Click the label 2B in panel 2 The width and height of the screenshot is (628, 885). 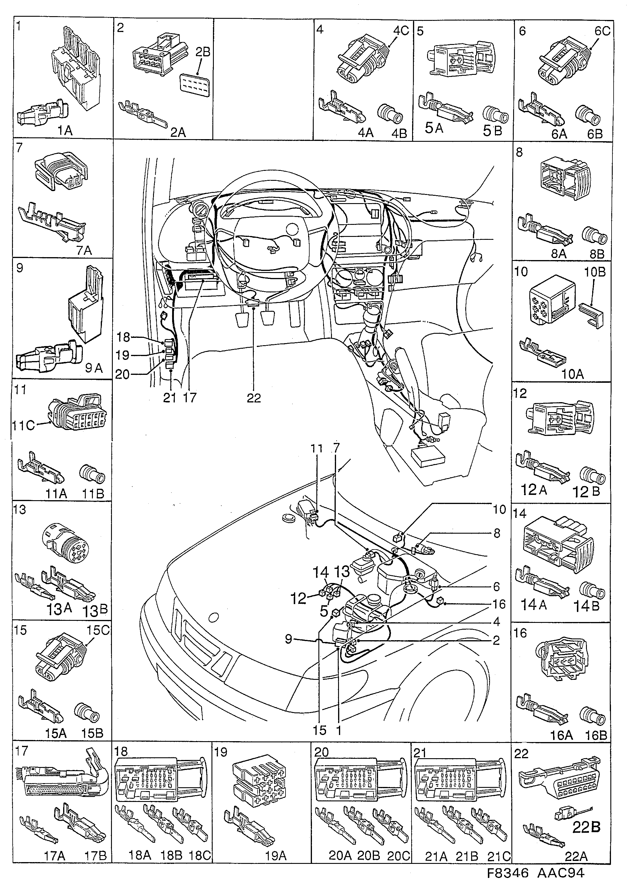tap(202, 52)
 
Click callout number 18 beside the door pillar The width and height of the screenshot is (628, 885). tap(123, 337)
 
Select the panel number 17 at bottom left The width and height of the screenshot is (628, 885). tap(22, 751)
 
